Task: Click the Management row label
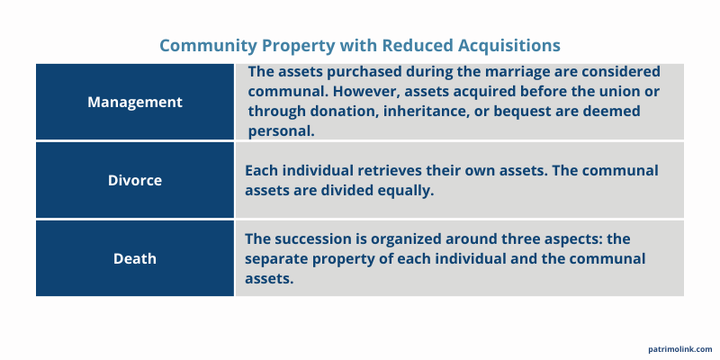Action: point(135,102)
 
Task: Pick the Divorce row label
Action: point(135,180)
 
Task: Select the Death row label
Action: point(135,258)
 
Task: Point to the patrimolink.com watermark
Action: point(679,349)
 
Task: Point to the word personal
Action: point(280,130)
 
